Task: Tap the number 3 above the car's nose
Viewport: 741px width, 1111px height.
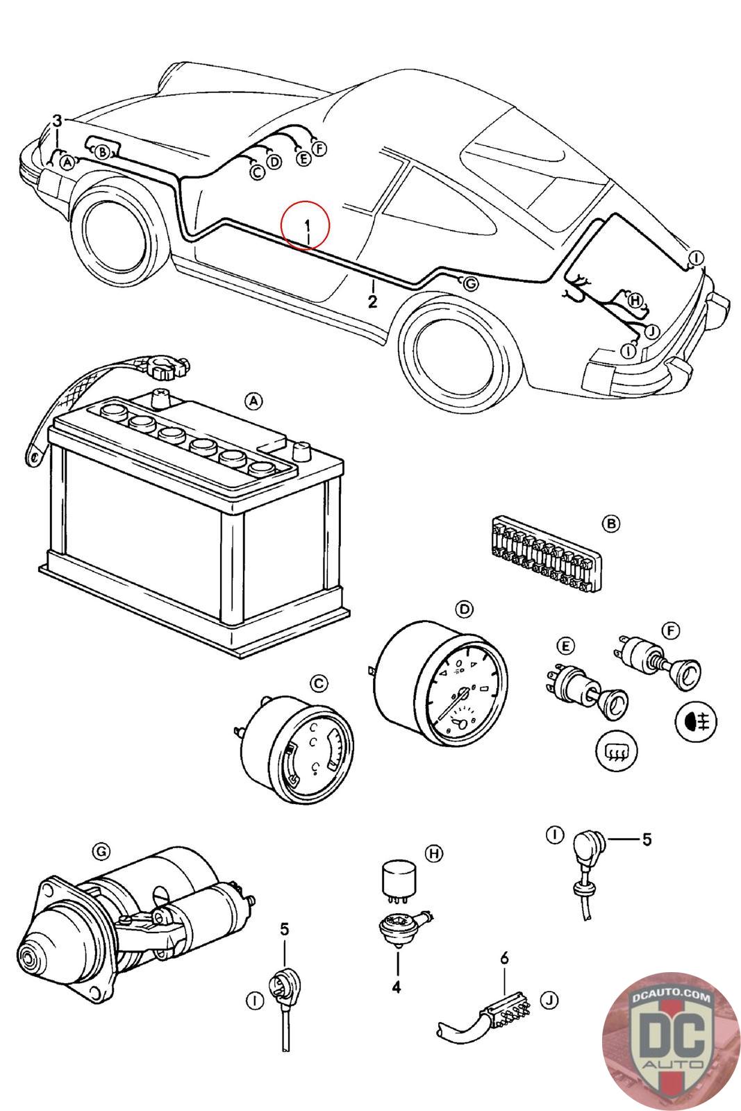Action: (58, 121)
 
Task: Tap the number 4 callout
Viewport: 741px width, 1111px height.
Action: (397, 986)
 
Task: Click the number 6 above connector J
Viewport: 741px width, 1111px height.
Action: (505, 958)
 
